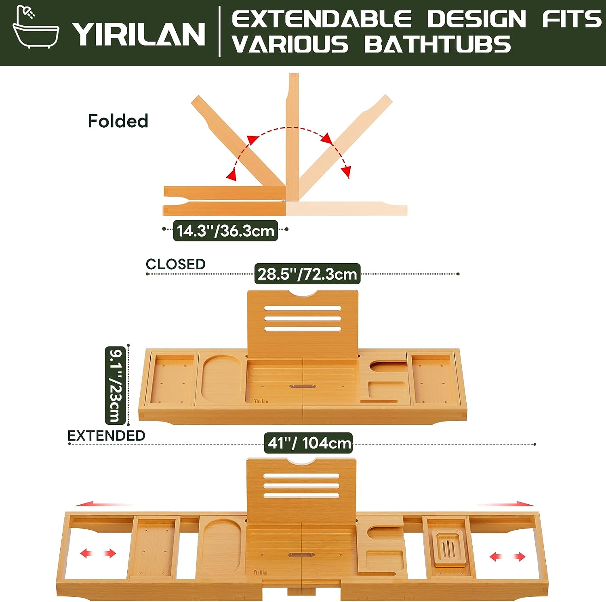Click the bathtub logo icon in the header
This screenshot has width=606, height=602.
(36, 28)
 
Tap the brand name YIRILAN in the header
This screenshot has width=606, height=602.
(139, 34)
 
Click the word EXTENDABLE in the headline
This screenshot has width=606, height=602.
(322, 19)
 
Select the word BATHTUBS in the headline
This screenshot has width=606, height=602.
(437, 44)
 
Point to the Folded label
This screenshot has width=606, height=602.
(118, 121)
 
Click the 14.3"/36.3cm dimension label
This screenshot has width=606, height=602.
(225, 231)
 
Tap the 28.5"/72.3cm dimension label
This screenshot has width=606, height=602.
(307, 274)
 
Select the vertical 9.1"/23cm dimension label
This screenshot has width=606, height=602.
(115, 385)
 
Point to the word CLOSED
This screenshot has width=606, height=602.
(176, 264)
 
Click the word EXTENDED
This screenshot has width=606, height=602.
(106, 436)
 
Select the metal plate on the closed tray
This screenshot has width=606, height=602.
(303, 386)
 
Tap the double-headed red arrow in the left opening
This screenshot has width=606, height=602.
(98, 553)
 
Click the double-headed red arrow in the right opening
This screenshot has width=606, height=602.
(507, 557)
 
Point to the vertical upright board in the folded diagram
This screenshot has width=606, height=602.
(292, 137)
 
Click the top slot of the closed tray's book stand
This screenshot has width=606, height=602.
(303, 308)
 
